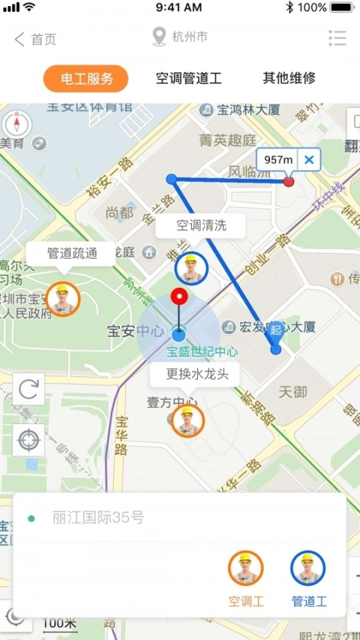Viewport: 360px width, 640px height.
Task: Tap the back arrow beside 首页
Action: click(19, 39)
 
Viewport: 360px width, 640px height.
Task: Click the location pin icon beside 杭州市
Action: click(159, 37)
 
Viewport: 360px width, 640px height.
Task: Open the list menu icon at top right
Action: click(337, 38)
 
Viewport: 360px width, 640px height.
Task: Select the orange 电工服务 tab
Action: click(86, 79)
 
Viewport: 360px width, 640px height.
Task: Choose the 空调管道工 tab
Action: click(189, 79)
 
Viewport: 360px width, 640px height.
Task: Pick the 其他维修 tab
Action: click(289, 79)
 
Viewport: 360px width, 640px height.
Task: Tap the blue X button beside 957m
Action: click(309, 159)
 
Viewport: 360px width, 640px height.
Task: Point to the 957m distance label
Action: click(279, 159)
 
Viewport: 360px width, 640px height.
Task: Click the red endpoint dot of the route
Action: click(289, 181)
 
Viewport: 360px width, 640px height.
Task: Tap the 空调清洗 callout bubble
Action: click(201, 225)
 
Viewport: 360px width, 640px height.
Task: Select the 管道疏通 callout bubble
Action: click(71, 253)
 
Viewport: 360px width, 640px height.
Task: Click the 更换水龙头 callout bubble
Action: click(197, 375)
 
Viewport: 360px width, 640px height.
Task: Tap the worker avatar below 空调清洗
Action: click(191, 268)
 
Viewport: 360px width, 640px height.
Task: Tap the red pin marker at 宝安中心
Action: click(180, 297)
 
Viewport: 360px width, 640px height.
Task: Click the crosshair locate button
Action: click(29, 440)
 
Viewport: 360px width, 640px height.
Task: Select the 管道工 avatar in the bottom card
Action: click(308, 569)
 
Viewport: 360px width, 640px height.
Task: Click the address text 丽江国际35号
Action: click(98, 518)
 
